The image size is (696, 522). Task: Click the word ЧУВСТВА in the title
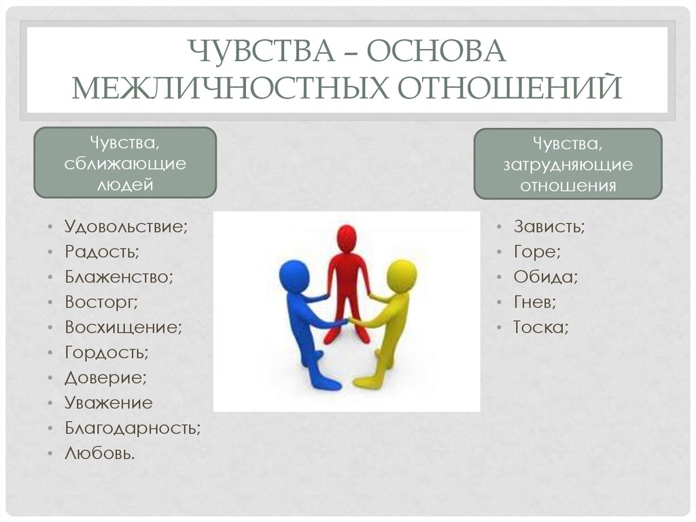(262, 51)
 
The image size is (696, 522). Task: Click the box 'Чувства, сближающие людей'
(125, 163)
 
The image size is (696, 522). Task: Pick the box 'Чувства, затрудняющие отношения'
(568, 164)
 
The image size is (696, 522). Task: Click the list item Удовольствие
(126, 227)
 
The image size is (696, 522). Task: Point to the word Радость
(102, 252)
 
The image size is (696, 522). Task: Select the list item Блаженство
(119, 277)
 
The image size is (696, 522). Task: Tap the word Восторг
(101, 302)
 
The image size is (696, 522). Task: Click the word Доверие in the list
(105, 378)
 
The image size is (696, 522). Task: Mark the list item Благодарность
(133, 428)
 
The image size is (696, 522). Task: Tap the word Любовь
(100, 453)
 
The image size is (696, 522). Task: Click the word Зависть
(549, 227)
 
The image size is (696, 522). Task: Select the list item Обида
(546, 277)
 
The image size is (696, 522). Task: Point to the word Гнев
(535, 302)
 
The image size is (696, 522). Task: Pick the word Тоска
(540, 327)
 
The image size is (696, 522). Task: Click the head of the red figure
(347, 239)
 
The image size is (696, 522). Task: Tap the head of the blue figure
(294, 276)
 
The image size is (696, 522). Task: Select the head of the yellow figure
(402, 276)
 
